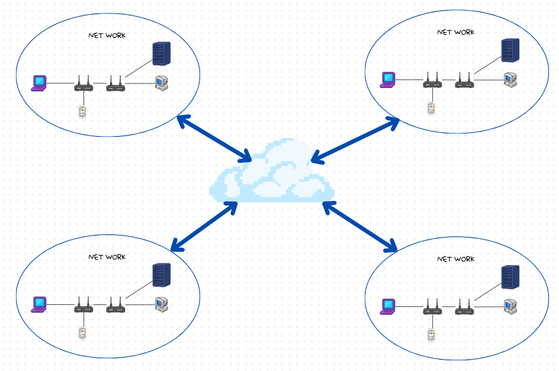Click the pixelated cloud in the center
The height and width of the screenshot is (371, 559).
[x=271, y=172]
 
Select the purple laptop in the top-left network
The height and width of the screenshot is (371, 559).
[x=40, y=83]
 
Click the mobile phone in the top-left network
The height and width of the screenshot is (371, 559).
[x=82, y=111]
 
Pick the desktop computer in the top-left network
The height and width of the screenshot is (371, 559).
[x=161, y=83]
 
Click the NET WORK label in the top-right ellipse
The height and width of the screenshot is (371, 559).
[x=455, y=32]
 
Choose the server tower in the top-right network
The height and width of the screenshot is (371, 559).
[x=510, y=50]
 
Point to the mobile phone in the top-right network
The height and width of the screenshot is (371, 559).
[x=431, y=107]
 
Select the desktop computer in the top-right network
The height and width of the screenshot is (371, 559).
[x=510, y=79]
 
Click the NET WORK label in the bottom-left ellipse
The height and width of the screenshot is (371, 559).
[x=107, y=257]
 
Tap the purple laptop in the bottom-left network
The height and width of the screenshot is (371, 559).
[x=40, y=304]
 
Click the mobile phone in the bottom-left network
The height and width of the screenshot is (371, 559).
[x=82, y=332]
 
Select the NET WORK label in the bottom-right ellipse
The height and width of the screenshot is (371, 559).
[x=455, y=259]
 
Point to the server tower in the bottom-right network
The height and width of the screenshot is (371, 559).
[x=510, y=277]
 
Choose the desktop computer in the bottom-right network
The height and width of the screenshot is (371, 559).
[x=510, y=306]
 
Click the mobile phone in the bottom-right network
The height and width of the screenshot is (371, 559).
[x=431, y=334]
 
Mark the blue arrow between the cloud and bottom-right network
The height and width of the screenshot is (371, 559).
[x=360, y=228]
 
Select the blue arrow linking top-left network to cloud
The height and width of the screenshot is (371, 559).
[x=214, y=139]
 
